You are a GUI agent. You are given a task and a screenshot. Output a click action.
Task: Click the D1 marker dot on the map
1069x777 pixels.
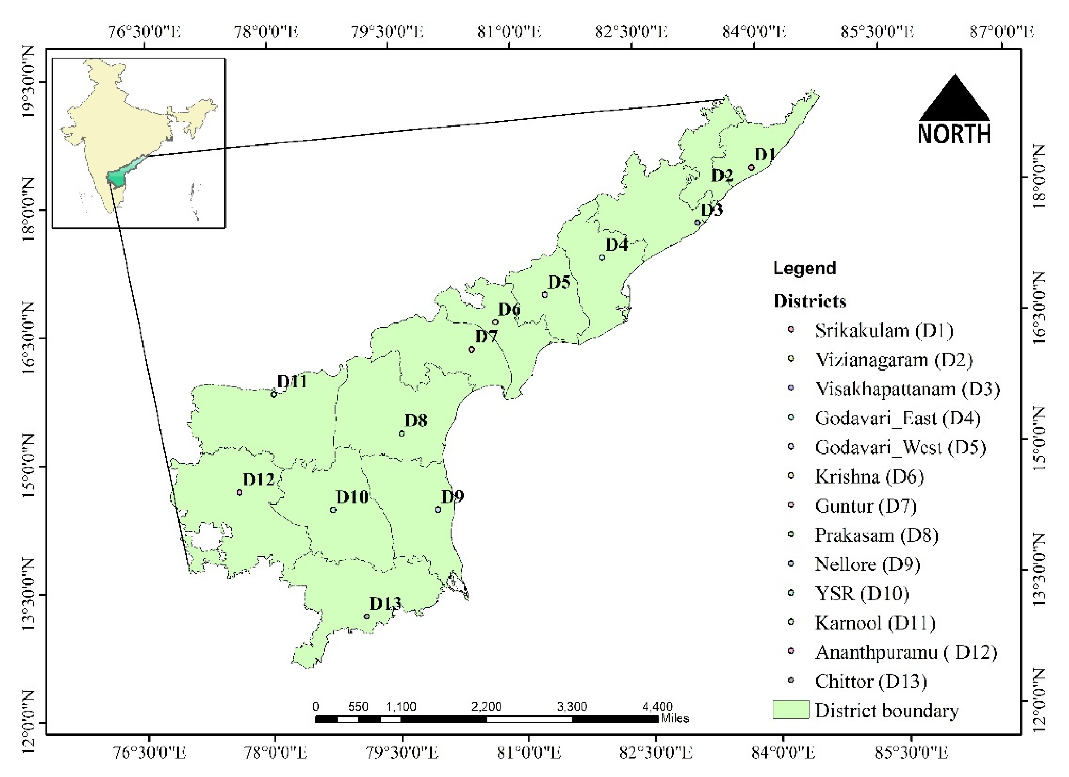point(751,167)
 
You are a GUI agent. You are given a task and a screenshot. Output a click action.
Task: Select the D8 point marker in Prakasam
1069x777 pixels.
point(402,433)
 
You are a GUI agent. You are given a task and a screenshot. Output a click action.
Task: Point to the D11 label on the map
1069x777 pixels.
point(292,381)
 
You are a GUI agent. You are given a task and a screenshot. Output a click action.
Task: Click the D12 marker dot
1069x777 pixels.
point(239,493)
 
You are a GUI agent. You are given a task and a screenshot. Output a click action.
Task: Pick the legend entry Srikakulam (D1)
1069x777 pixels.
point(884,330)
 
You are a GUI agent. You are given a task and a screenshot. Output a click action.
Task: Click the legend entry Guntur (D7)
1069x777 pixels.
point(865,506)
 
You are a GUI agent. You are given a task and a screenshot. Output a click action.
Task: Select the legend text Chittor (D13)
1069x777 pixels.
point(870,681)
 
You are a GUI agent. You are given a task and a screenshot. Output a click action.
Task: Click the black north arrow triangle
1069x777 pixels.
point(955,100)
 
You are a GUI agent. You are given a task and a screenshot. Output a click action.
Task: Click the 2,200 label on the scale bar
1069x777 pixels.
point(486,707)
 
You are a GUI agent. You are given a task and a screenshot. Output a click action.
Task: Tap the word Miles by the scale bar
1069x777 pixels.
point(675,719)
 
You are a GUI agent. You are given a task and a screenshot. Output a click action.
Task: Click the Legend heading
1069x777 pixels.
point(804,268)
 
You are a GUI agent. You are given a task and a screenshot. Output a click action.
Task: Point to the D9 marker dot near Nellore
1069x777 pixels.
point(438,509)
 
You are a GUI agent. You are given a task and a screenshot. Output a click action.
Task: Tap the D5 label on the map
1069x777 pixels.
point(559,282)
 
